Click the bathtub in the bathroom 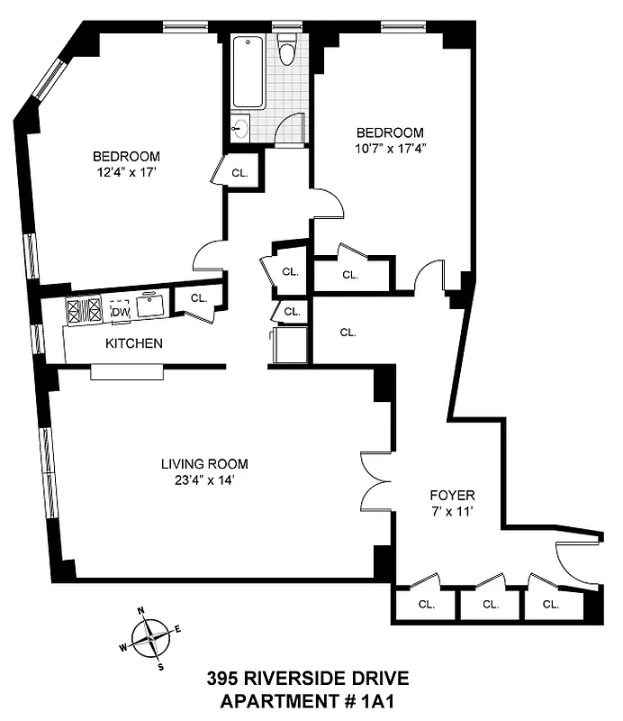248,72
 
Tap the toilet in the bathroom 287,50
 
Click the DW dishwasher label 120,312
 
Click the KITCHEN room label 134,343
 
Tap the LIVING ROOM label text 204,464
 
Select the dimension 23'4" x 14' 204,480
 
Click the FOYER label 453,496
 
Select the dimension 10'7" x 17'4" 391,149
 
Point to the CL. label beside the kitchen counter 198,297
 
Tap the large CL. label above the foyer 348,333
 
